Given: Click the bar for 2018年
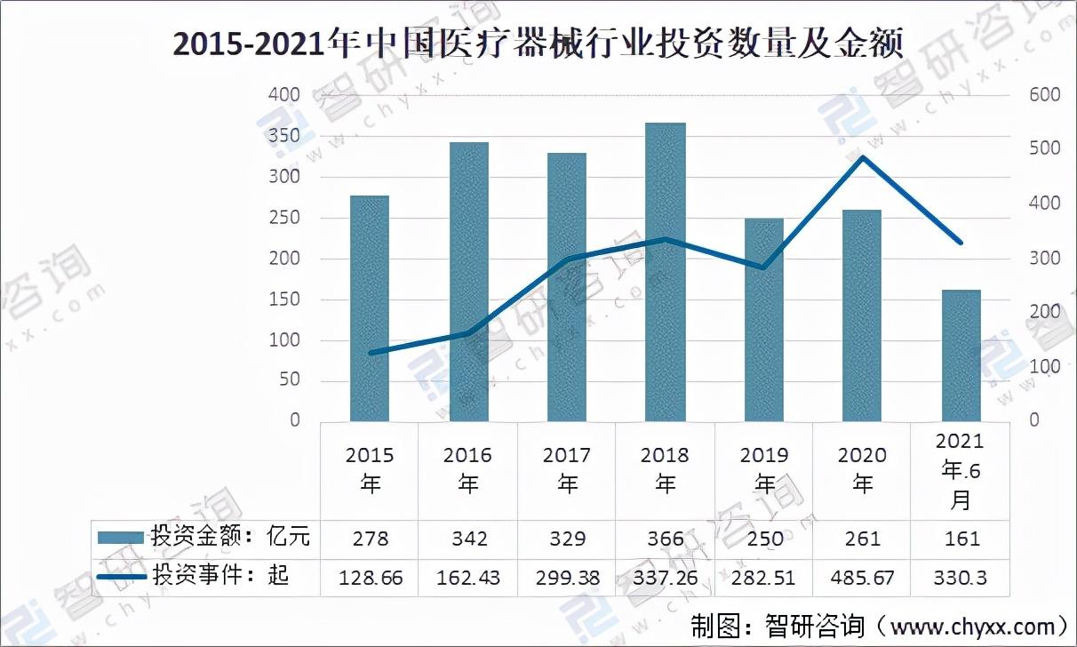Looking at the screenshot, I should pos(665,271).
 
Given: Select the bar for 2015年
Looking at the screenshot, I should pos(370,308).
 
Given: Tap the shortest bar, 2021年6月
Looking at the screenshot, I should pos(961,355).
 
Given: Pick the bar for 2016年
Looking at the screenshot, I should pos(468,281).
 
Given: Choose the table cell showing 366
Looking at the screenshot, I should pos(666,539).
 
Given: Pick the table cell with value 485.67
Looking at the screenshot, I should pos(862,578).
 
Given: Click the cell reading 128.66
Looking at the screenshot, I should pos(371,578).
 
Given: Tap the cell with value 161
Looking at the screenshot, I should pos(961,539).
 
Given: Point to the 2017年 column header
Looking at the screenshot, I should pos(567,469).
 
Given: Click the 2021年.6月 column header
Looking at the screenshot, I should pos(961,471).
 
